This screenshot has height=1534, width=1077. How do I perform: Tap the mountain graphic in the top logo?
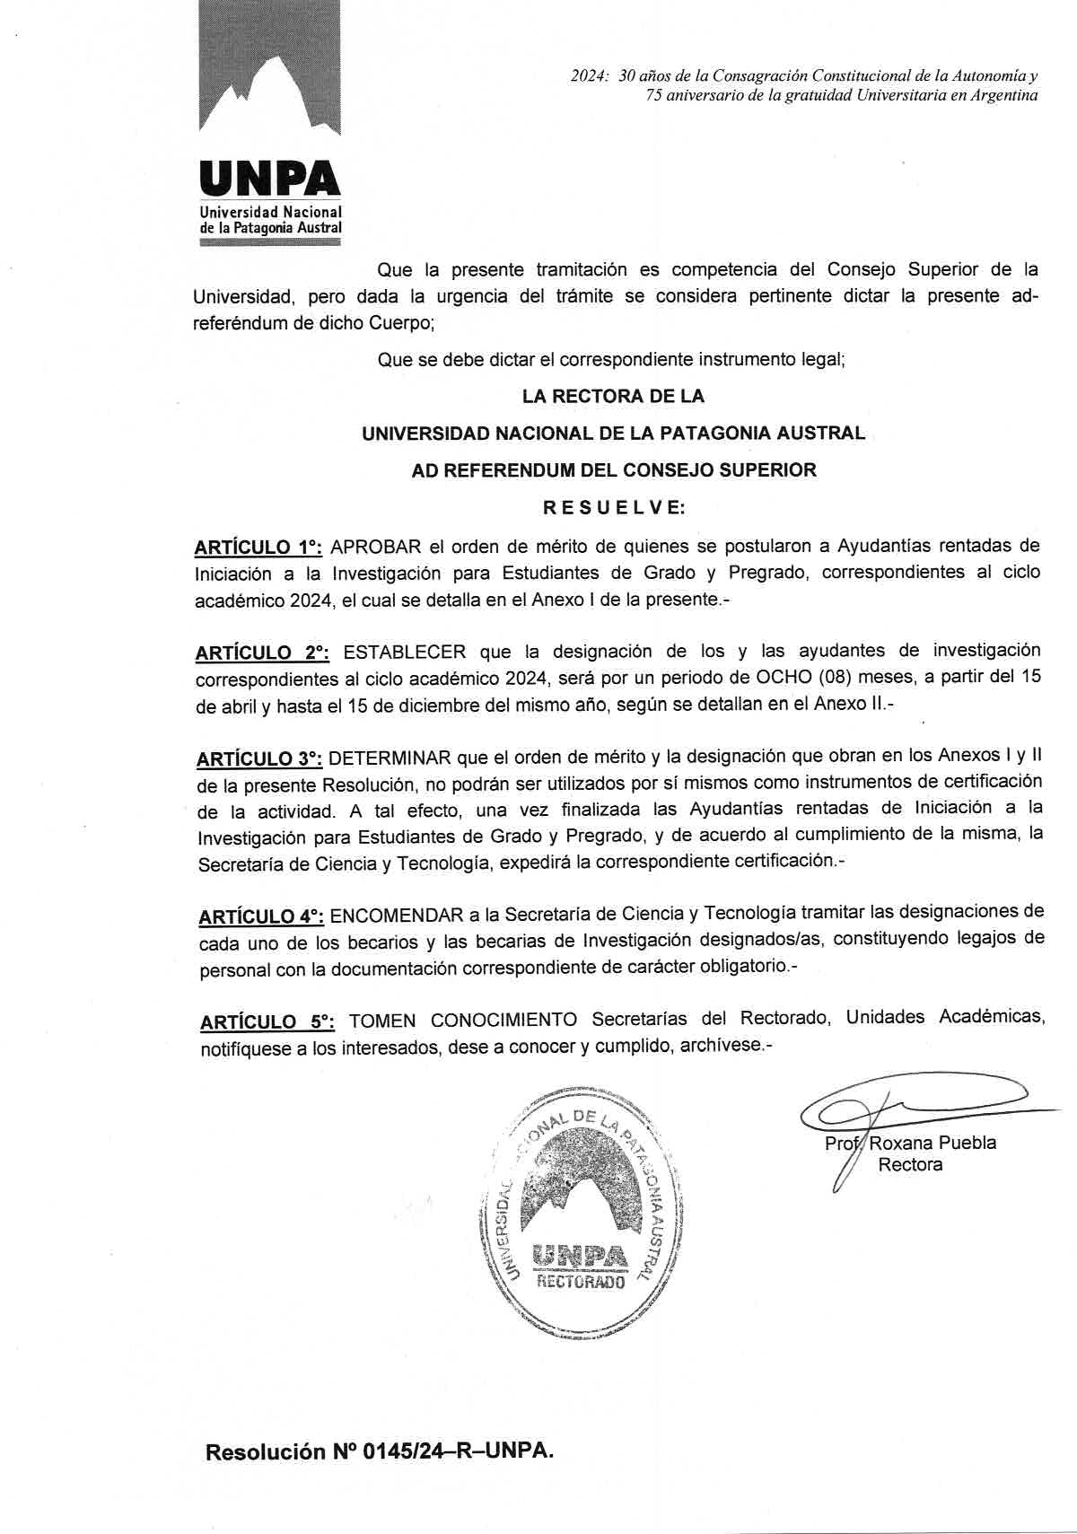pyautogui.click(x=270, y=81)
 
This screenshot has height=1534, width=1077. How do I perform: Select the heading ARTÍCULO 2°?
pyautogui.click(x=262, y=653)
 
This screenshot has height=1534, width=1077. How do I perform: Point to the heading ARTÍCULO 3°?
pyautogui.click(x=259, y=758)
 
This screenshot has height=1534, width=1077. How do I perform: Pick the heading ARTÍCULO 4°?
pyautogui.click(x=260, y=916)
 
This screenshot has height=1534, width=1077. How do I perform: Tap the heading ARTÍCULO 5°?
pyautogui.click(x=267, y=1021)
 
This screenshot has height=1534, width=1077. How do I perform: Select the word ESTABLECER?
pyautogui.click(x=405, y=652)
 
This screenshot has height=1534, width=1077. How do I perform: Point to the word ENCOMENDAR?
pyautogui.click(x=396, y=915)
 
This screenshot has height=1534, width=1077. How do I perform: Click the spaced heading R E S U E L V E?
pyautogui.click(x=614, y=508)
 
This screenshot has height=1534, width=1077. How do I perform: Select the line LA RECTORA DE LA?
pyautogui.click(x=613, y=396)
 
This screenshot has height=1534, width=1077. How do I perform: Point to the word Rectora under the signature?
pyautogui.click(x=910, y=1165)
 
